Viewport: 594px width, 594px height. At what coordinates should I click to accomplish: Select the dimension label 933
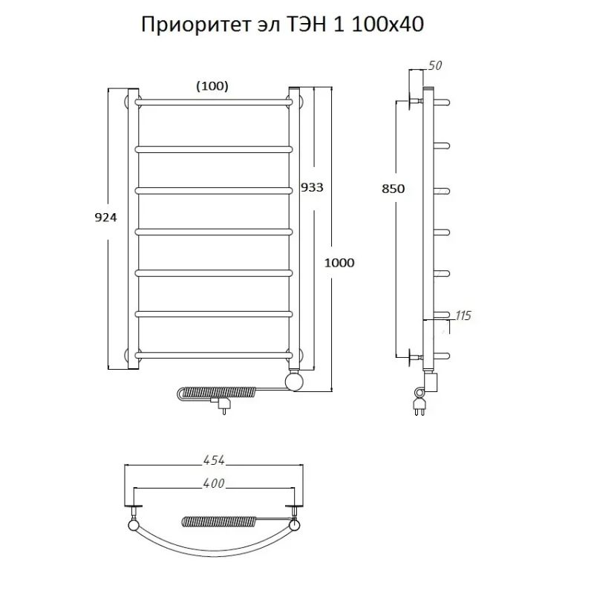(x=312, y=187)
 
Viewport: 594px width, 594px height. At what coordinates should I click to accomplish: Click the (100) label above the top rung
(x=212, y=86)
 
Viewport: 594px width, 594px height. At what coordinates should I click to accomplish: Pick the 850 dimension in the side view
(x=393, y=189)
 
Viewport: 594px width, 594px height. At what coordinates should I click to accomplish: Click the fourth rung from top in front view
(x=213, y=231)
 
